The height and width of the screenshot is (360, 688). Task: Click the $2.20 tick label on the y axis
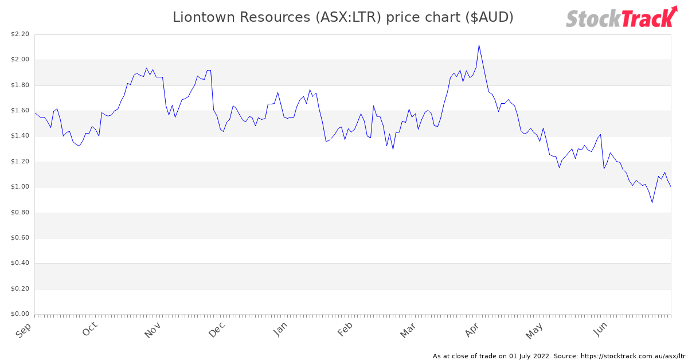[19, 34]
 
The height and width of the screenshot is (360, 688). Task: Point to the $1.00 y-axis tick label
[19, 187]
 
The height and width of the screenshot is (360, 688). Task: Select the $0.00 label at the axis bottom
[19, 314]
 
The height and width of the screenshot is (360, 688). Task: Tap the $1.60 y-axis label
[19, 111]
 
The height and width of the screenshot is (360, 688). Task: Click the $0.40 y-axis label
[19, 263]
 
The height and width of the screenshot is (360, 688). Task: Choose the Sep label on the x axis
[24, 331]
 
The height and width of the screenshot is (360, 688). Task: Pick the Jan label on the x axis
[280, 330]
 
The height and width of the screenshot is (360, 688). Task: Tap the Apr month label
[472, 330]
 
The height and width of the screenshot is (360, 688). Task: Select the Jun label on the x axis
[600, 330]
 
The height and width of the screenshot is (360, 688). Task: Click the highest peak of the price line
[479, 45]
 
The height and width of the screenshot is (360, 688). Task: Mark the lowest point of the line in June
[652, 202]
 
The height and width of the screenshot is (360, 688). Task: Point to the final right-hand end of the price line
[670, 186]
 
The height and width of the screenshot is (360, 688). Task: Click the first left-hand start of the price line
[35, 113]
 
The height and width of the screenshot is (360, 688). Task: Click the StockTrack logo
[621, 18]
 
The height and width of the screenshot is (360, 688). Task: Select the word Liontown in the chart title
[205, 18]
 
